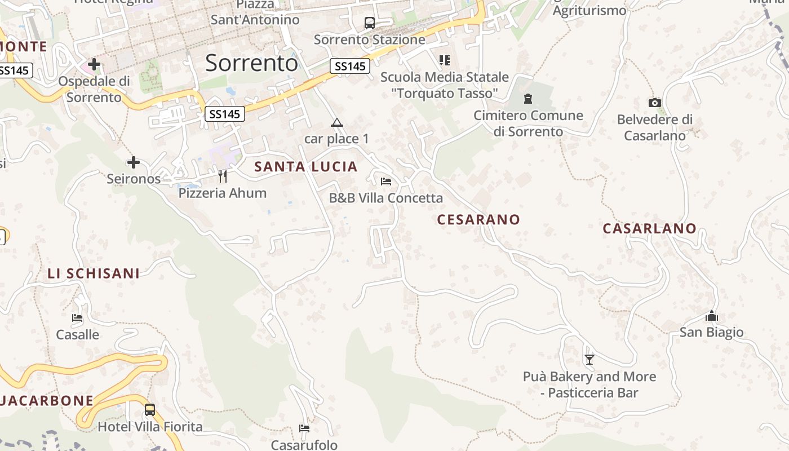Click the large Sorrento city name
pyautogui.click(x=251, y=63)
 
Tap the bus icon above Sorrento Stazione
pyautogui.click(x=370, y=23)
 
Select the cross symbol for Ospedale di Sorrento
pyautogui.click(x=94, y=64)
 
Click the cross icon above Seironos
pyautogui.click(x=134, y=162)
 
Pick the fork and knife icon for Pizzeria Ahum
pyautogui.click(x=223, y=176)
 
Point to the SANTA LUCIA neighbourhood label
pyautogui.click(x=306, y=167)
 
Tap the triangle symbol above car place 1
pyautogui.click(x=336, y=123)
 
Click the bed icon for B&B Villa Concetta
pyautogui.click(x=386, y=182)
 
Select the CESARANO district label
pyautogui.click(x=478, y=219)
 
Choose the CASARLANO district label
pyautogui.click(x=650, y=228)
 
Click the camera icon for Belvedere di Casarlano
pyautogui.click(x=654, y=103)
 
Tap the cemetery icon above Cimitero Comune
pyautogui.click(x=528, y=99)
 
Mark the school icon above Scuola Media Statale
pyautogui.click(x=445, y=60)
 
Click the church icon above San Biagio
pyautogui.click(x=712, y=316)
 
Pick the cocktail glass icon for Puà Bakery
pyautogui.click(x=589, y=359)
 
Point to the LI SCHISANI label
pyautogui.click(x=94, y=273)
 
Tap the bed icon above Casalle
pyautogui.click(x=78, y=318)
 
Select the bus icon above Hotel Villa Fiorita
pyautogui.click(x=150, y=410)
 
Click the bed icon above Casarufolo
pyautogui.click(x=304, y=428)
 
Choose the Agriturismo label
pyautogui.click(x=589, y=10)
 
